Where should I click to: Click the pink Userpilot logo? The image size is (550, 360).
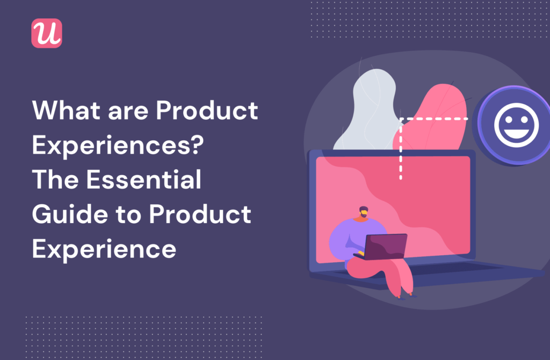click(x=47, y=33)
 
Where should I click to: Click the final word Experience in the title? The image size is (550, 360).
click(x=104, y=249)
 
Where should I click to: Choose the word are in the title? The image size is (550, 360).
click(x=131, y=112)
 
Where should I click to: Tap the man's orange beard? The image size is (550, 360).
click(x=365, y=215)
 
